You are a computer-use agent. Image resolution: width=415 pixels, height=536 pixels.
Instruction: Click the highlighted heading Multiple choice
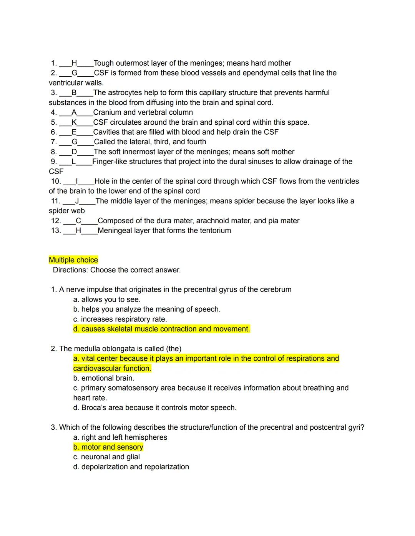(x=73, y=260)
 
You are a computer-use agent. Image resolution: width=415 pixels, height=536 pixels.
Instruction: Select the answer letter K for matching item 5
(x=74, y=122)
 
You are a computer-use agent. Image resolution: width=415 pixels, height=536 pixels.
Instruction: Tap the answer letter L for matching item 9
(x=73, y=162)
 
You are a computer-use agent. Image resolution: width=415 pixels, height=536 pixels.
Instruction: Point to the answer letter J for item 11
(x=77, y=201)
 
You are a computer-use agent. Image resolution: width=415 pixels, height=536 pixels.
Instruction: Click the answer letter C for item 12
(x=78, y=221)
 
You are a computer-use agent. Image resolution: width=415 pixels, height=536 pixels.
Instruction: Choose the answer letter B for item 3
(x=74, y=92)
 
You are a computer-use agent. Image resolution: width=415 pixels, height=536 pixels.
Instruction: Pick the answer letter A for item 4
(x=74, y=112)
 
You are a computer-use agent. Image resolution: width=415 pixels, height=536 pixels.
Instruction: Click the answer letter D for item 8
(x=74, y=152)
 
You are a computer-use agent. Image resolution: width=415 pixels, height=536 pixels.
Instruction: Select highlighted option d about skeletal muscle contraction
(x=161, y=329)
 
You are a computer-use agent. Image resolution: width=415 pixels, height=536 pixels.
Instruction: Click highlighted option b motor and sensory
(x=108, y=447)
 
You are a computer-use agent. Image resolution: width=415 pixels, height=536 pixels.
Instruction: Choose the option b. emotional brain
(x=104, y=378)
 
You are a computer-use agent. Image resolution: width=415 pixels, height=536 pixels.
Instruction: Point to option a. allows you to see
(x=107, y=299)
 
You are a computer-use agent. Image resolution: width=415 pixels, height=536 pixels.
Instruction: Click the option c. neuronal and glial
(x=106, y=457)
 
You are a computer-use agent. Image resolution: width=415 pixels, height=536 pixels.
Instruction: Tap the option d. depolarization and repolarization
(x=131, y=467)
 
